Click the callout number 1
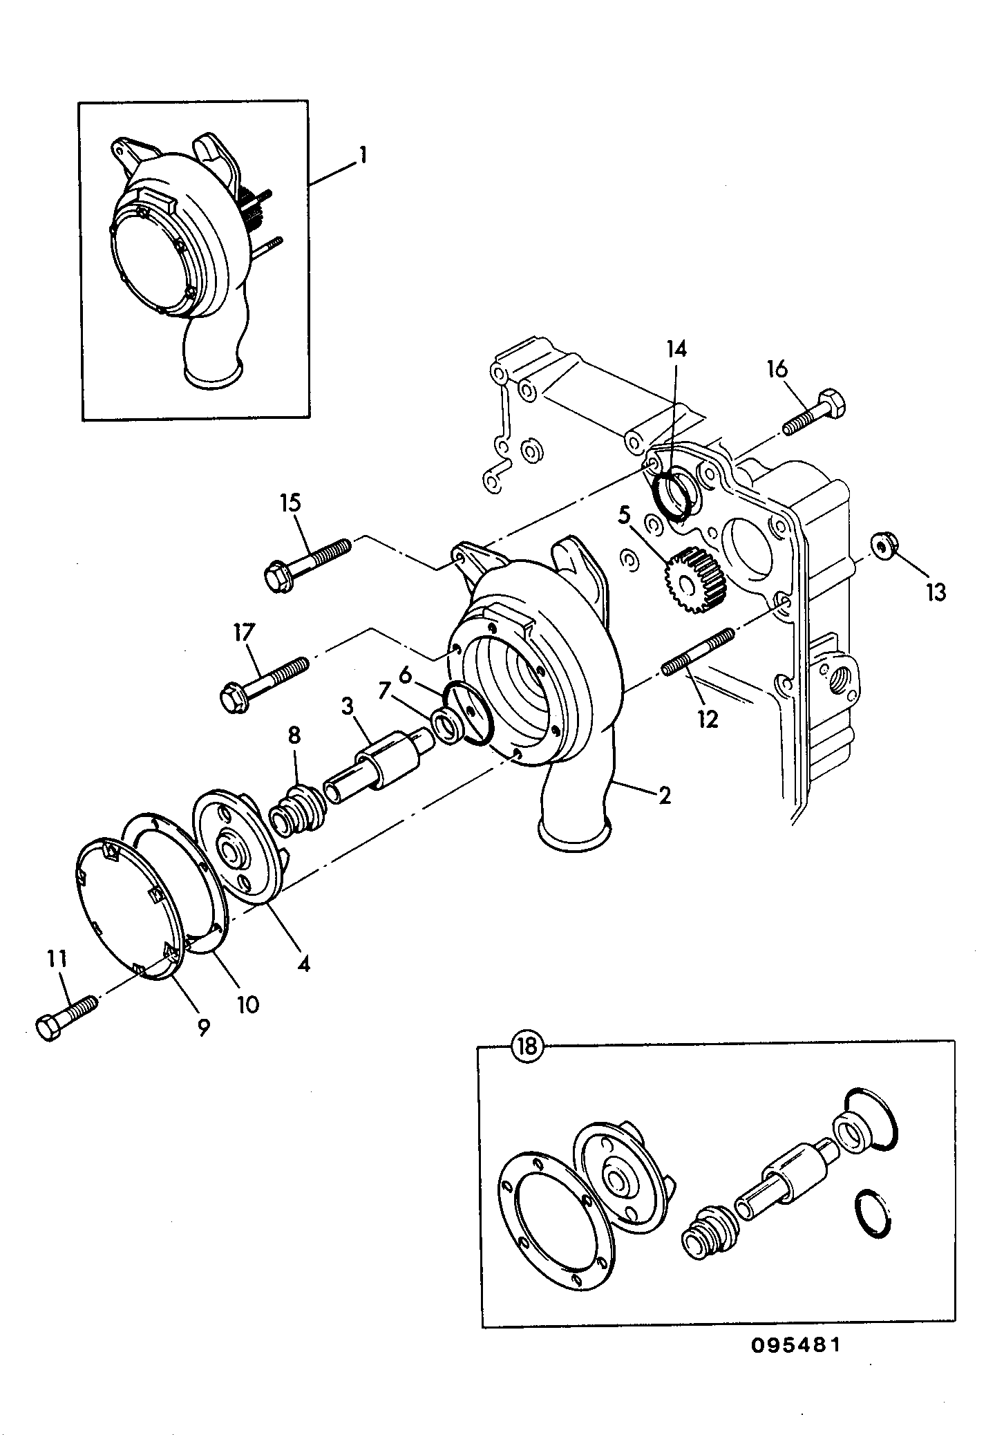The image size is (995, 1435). click(361, 156)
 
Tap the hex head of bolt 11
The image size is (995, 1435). click(50, 1029)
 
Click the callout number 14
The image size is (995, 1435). click(676, 350)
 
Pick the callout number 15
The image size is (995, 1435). click(291, 503)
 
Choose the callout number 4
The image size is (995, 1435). click(303, 963)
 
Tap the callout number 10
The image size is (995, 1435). click(247, 1004)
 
